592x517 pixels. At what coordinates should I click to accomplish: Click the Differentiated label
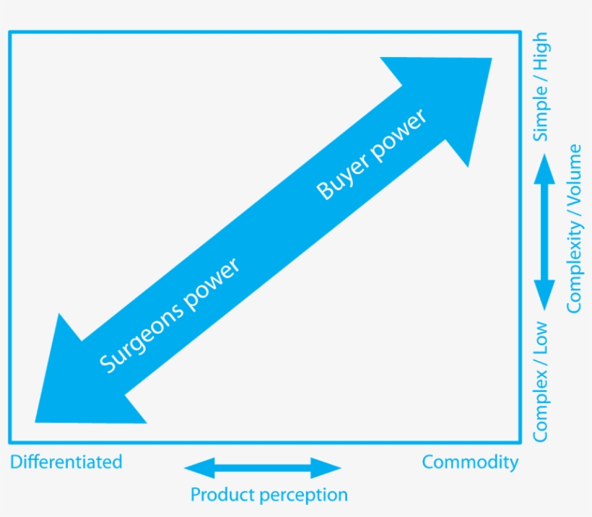pos(66,462)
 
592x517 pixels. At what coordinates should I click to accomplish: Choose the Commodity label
pos(470,462)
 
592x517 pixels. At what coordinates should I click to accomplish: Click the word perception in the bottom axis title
pos(303,495)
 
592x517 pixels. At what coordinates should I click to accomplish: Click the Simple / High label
pos(540,87)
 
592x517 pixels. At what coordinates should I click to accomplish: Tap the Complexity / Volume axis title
pos(574,228)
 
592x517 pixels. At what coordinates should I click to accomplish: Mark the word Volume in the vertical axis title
pos(574,177)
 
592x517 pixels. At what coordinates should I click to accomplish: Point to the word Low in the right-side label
pos(540,336)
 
